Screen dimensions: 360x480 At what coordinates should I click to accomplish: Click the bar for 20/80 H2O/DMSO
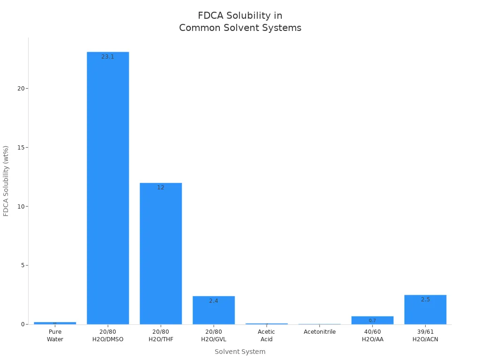pyautogui.click(x=108, y=187)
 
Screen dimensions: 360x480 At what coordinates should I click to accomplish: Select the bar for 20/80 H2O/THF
pyautogui.click(x=161, y=253)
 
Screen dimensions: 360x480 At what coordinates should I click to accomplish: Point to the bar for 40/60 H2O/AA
pyautogui.click(x=372, y=320)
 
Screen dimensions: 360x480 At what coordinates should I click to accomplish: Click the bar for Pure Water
pyautogui.click(x=55, y=323)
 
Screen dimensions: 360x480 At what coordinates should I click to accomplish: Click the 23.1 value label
pyautogui.click(x=108, y=57)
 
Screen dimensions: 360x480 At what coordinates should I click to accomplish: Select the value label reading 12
pyautogui.click(x=161, y=187)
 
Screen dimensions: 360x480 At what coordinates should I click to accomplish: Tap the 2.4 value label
pyautogui.click(x=214, y=301)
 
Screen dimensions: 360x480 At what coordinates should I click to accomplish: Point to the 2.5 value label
pyautogui.click(x=425, y=300)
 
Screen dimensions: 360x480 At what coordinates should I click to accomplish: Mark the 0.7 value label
pyautogui.click(x=372, y=321)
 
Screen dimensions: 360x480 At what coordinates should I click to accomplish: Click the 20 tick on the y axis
pyautogui.click(x=21, y=89)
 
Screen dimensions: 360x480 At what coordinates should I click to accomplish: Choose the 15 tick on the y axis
pyautogui.click(x=21, y=148)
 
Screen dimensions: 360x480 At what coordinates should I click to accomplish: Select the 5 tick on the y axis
pyautogui.click(x=22, y=265)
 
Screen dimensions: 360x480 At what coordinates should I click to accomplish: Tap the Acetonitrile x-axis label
pyautogui.click(x=320, y=332)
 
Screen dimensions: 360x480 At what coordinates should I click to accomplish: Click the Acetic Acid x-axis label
pyautogui.click(x=266, y=336)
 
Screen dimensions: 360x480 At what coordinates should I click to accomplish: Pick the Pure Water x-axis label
pyautogui.click(x=55, y=336)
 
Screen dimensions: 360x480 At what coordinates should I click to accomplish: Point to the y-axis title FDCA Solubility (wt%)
pyautogui.click(x=6, y=181)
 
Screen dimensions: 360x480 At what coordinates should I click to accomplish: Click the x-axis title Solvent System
pyautogui.click(x=240, y=352)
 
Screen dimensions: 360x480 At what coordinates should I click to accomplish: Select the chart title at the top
pyautogui.click(x=240, y=22)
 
